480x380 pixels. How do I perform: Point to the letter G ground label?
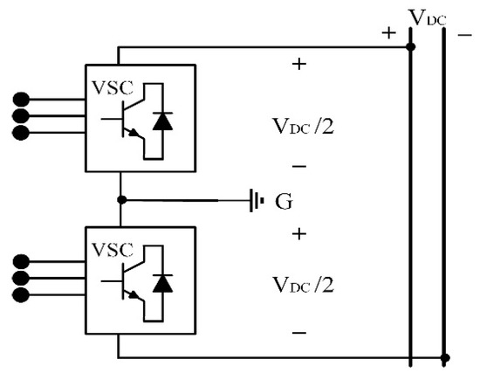(285, 203)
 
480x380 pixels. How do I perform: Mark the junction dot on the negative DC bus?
(446, 357)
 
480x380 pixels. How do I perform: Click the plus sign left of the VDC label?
(387, 33)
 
